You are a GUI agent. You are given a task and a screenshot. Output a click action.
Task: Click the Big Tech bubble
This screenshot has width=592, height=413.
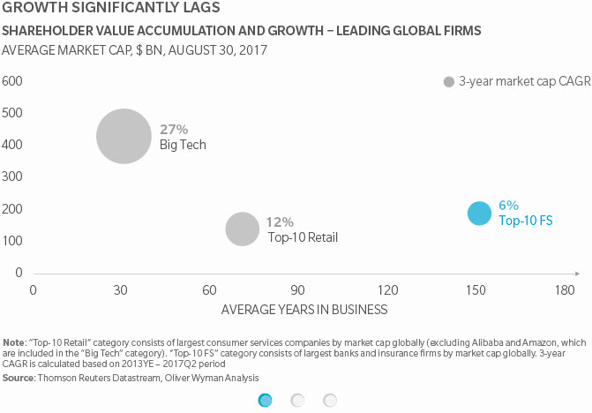[124, 136]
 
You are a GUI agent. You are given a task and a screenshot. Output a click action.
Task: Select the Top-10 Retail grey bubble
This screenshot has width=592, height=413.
[242, 229]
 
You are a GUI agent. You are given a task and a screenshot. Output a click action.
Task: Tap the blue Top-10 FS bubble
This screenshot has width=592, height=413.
[479, 214]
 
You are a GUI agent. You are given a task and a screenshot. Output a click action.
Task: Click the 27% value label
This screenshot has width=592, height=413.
[173, 129]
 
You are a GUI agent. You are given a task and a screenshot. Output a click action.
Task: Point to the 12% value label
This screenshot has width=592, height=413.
[281, 222]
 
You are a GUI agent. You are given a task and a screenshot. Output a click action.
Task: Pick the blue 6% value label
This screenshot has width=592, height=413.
[508, 205]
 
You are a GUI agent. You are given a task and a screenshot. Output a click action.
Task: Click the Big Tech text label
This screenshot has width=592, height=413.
[183, 145]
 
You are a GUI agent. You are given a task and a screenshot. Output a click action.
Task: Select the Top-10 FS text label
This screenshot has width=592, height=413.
[525, 221]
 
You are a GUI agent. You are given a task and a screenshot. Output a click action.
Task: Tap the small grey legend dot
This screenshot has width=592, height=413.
[448, 81]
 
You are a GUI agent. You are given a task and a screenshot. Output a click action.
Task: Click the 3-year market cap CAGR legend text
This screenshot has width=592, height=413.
[517, 81]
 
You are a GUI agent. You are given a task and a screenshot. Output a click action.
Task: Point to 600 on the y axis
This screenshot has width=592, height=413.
[12, 81]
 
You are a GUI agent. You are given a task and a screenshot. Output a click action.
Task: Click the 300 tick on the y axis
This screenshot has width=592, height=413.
[12, 177]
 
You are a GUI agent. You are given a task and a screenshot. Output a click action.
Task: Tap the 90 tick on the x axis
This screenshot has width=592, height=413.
[299, 290]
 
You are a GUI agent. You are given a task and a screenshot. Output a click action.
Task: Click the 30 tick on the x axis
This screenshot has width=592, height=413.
[122, 290]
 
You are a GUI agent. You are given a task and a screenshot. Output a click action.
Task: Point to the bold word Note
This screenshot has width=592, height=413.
[14, 342]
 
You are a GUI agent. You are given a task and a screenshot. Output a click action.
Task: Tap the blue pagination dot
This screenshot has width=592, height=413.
[264, 400]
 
